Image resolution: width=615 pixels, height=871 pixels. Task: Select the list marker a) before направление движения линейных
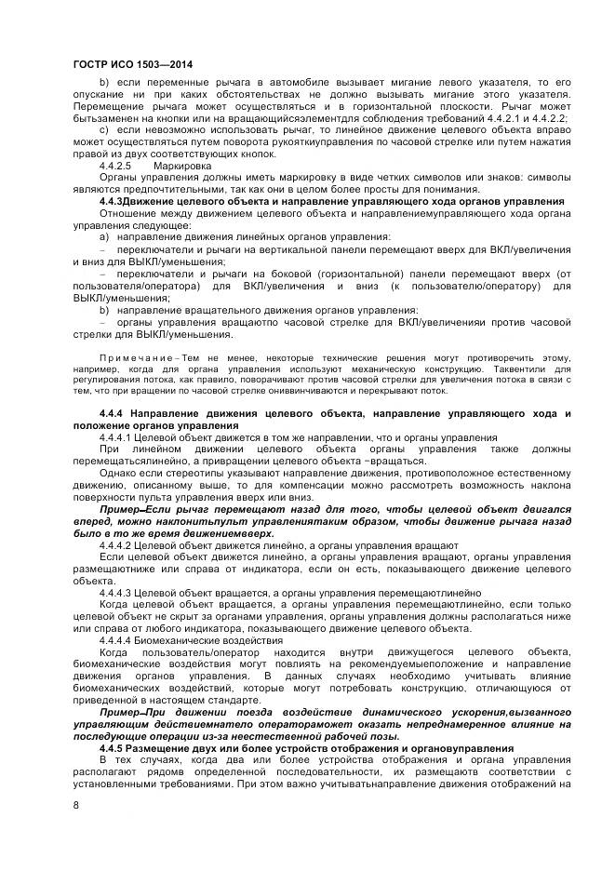pyautogui.click(x=104, y=238)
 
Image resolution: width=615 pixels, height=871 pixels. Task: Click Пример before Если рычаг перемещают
pyautogui.click(x=120, y=511)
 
